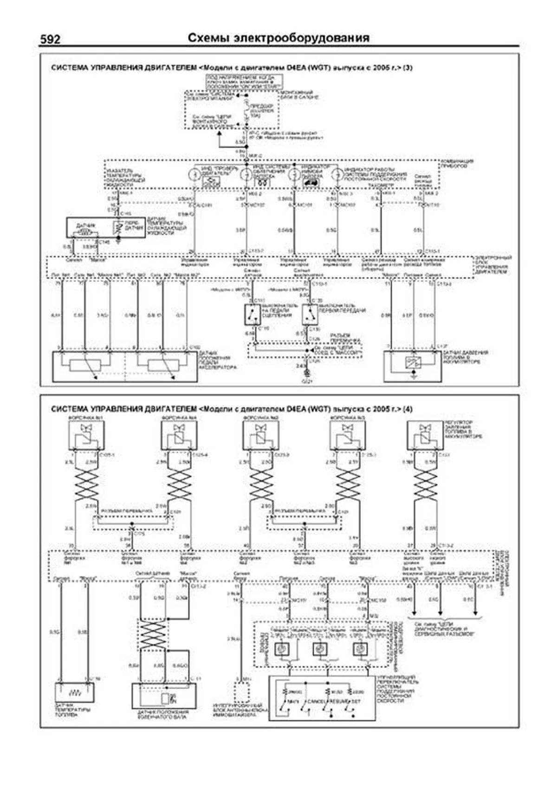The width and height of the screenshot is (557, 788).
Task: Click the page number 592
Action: (x=50, y=40)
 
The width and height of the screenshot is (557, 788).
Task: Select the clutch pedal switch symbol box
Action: (x=253, y=314)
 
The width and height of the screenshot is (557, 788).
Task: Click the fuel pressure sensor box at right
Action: (x=412, y=366)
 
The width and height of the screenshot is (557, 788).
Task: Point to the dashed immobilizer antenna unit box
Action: (x=242, y=692)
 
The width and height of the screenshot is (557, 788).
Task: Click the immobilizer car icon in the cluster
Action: (x=309, y=182)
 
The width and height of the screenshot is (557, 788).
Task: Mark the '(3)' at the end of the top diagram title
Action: (x=407, y=68)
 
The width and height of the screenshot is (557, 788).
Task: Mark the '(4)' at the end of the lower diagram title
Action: (x=407, y=409)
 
